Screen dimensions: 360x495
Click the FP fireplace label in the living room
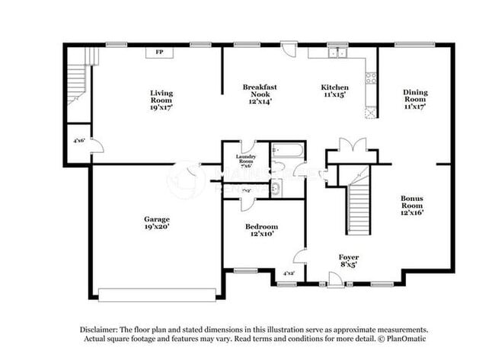pyautogui.click(x=159, y=53)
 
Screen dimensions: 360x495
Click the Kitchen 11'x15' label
pyautogui.click(x=334, y=92)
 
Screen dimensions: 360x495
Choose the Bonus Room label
pyautogui.click(x=413, y=204)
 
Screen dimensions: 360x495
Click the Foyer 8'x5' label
pyautogui.click(x=348, y=261)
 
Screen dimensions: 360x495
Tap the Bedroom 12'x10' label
pyautogui.click(x=261, y=231)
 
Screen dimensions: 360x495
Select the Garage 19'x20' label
pyautogui.click(x=157, y=222)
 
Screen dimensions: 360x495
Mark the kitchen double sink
pyautogui.click(x=334, y=53)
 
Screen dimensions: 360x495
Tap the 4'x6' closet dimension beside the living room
pyautogui.click(x=78, y=141)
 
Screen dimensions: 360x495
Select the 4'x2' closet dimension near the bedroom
pyautogui.click(x=289, y=273)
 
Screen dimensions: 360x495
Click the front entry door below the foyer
pyautogui.click(x=334, y=280)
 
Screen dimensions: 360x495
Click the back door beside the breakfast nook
pyautogui.click(x=289, y=50)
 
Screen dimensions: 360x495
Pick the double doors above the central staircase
pyautogui.click(x=346, y=146)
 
